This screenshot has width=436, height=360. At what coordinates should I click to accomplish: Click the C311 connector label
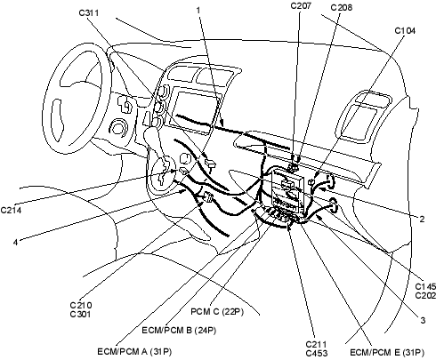(89, 12)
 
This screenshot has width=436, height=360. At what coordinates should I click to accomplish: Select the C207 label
(301, 5)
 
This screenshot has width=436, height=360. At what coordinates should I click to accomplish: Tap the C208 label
(342, 7)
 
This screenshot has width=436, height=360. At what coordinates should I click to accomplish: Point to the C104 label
(405, 30)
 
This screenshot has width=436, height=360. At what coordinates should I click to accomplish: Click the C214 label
(11, 210)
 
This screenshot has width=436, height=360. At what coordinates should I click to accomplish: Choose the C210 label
(81, 305)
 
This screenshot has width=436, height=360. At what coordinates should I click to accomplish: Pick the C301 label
(80, 314)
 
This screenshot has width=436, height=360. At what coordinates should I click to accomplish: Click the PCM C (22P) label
(217, 312)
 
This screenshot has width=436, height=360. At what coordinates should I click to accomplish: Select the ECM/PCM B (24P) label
(179, 330)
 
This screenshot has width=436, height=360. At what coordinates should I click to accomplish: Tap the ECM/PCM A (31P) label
(134, 352)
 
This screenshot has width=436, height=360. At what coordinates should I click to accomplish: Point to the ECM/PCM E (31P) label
(387, 352)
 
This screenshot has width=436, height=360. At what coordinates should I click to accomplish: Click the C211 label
(316, 344)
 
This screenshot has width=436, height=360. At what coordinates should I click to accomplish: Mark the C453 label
(317, 353)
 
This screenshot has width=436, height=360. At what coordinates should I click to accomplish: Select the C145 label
(425, 286)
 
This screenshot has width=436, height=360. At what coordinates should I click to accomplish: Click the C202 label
(425, 295)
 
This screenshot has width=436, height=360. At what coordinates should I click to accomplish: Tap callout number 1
(198, 10)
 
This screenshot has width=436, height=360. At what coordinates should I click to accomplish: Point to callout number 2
(422, 220)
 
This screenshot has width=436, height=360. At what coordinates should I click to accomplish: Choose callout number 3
(423, 320)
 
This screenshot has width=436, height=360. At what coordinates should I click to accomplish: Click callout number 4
(15, 242)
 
